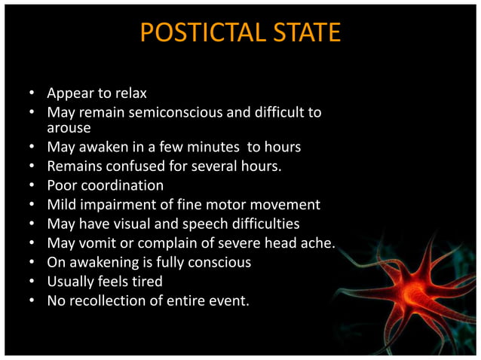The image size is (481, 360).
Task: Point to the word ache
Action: point(319,243)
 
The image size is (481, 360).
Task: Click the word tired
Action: point(145,282)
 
